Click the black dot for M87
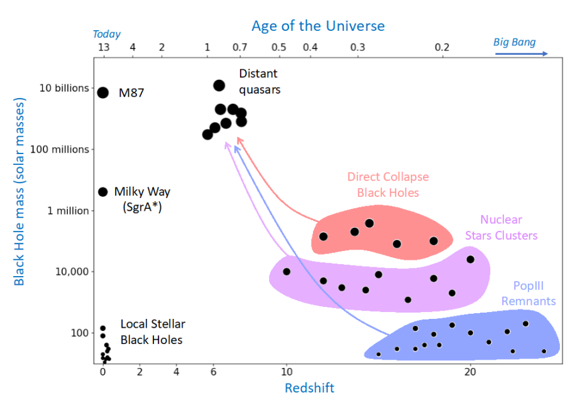coord(103,92)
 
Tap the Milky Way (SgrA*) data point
coord(103,192)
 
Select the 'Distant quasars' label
coord(260,82)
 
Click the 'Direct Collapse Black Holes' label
coord(388,184)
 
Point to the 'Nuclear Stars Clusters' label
coord(501,228)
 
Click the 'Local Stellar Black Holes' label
coord(153,331)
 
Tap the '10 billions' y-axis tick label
coord(65,88)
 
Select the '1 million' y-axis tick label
coord(69,211)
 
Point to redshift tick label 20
coord(470,371)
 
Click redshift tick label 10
coord(287,371)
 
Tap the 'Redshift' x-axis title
coord(309,388)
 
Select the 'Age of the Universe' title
coord(318,26)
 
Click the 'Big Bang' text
coord(514,42)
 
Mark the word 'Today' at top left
coord(106,34)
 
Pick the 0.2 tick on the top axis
coord(442,48)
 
